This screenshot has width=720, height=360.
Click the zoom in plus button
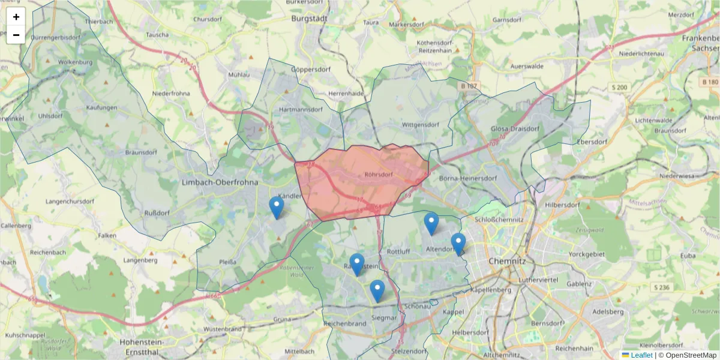point(16,17)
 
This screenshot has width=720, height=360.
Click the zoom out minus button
point(16,35)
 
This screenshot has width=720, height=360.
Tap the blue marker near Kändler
point(276,207)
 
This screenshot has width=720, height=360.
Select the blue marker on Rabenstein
point(357,264)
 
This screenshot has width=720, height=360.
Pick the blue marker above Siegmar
point(377,290)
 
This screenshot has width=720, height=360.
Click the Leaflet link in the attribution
point(641,355)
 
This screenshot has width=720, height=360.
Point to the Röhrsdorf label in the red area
point(378,175)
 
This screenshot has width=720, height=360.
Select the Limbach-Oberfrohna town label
point(219,182)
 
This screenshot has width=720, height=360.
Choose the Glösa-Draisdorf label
point(515,128)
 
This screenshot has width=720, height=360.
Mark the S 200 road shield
point(620,88)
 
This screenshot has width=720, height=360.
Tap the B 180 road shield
point(710,82)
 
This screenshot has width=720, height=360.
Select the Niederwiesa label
point(676,176)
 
